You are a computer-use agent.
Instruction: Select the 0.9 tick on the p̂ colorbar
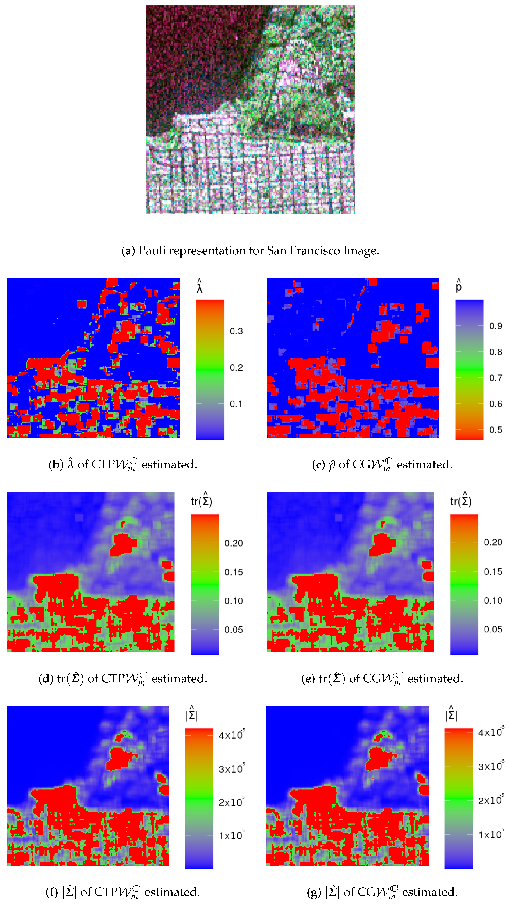pos(495,326)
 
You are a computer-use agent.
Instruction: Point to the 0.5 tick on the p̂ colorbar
pos(495,430)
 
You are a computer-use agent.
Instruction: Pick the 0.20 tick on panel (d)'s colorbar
pos(234,543)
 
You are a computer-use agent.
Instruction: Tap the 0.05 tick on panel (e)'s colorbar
pos(493,629)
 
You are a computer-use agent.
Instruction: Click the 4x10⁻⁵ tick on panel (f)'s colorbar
pos(231,735)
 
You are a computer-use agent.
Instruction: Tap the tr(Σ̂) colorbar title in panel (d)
pos(201,500)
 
